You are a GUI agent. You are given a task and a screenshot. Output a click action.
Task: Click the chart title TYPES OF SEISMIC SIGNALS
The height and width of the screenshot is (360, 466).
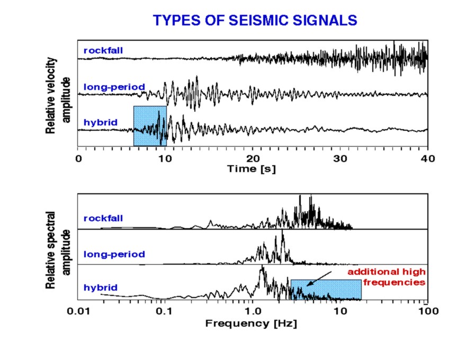(x=255, y=20)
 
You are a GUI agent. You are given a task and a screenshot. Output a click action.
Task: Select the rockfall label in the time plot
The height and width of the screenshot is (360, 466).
(x=103, y=50)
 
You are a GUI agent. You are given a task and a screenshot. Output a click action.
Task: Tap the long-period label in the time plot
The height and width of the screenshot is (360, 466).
(x=114, y=87)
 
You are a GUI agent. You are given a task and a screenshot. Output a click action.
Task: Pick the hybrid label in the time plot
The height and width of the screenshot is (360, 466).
(x=101, y=122)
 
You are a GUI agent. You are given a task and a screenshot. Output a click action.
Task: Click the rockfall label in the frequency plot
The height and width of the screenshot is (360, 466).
(x=103, y=218)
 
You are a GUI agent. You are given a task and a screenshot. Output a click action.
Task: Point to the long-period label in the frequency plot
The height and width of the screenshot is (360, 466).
(x=114, y=254)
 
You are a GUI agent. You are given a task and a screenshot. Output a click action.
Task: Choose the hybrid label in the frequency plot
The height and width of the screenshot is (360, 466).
(x=101, y=287)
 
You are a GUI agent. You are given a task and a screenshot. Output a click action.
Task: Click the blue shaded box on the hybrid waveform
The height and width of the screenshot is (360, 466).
(x=150, y=126)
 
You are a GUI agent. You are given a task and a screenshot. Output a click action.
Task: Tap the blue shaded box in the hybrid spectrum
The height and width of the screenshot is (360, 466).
(x=326, y=290)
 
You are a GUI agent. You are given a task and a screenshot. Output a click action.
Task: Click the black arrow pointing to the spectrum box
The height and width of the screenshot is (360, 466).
(x=319, y=278)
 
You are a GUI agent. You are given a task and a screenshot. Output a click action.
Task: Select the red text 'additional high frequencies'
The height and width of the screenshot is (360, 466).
(x=387, y=277)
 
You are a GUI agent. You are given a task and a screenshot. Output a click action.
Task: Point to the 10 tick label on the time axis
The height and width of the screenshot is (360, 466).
(x=165, y=159)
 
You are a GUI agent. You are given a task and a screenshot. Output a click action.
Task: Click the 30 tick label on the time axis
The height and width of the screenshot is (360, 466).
(x=340, y=159)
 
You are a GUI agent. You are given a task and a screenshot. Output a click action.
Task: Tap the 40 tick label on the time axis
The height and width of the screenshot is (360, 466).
(x=428, y=159)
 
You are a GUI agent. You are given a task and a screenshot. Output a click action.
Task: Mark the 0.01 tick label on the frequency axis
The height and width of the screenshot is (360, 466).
(x=78, y=312)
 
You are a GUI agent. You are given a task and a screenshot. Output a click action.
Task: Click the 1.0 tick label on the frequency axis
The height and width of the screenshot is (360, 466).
(x=253, y=312)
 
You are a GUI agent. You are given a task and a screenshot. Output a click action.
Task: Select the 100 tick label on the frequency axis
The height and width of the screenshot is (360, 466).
(x=428, y=312)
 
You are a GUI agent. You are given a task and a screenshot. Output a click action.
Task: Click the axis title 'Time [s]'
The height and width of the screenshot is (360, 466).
(x=252, y=169)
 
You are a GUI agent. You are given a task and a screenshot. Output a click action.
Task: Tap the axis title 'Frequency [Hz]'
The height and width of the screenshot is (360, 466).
(x=251, y=323)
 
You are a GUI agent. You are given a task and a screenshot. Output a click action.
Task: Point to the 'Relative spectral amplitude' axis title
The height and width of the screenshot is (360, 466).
(x=58, y=250)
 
